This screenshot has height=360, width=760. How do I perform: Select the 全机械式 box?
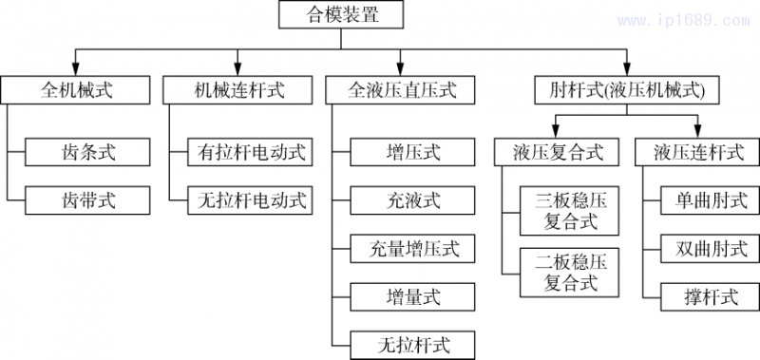coord(78,90)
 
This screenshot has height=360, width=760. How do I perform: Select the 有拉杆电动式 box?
coord(252,151)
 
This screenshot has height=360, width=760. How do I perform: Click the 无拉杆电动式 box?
coord(252,199)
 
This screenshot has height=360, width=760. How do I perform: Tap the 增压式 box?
coord(413,151)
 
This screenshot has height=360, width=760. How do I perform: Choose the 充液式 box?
coord(413,199)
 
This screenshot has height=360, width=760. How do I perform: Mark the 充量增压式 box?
coord(413,249)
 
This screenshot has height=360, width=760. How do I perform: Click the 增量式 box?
coord(413,296)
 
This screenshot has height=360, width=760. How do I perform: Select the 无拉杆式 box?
coord(413,343)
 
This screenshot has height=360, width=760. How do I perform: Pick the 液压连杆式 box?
coord(700,151)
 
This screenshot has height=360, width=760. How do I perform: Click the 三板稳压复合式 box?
coord(570,211)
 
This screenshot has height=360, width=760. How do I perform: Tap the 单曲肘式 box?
coord(712,199)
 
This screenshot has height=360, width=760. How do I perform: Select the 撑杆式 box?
coord(712,296)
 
